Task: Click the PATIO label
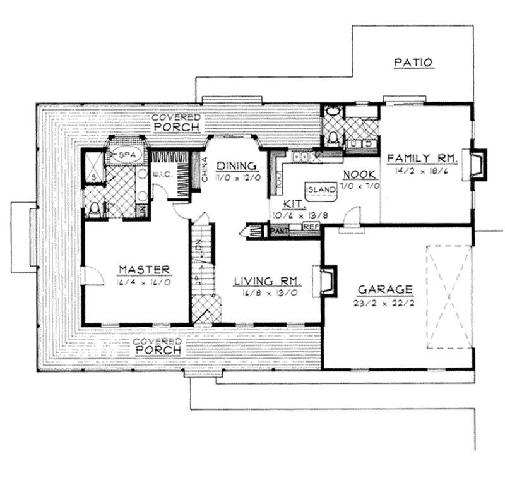(x=413, y=63)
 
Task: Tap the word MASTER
(x=145, y=270)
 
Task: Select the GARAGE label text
(x=385, y=289)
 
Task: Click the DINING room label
(x=235, y=166)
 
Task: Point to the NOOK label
(x=360, y=175)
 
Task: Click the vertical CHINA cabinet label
(x=205, y=169)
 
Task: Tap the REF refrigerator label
(x=311, y=225)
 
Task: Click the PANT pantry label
(x=278, y=231)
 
